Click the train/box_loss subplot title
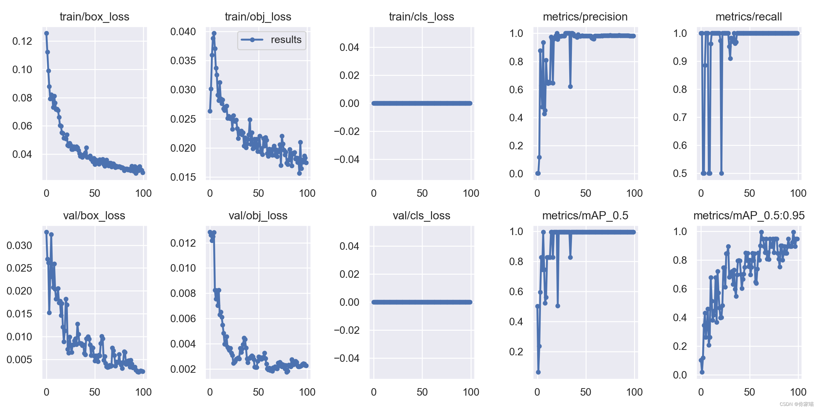coord(94,17)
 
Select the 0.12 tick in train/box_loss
coord(22,41)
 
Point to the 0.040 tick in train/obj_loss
coord(183,32)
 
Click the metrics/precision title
coord(585,17)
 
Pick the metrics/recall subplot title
coord(748,17)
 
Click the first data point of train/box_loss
coord(46,33)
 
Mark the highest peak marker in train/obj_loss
coord(214,33)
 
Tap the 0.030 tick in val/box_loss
coord(19,245)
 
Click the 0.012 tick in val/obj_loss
coord(183,243)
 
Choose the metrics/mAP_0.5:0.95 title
coord(749,216)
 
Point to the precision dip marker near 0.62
coord(570,87)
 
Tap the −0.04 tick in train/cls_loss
coord(346,159)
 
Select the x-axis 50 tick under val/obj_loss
coord(258,392)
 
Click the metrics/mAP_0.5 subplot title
coord(585,216)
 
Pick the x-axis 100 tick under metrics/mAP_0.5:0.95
coord(798,392)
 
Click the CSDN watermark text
coord(796,404)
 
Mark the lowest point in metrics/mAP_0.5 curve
coord(538,372)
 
